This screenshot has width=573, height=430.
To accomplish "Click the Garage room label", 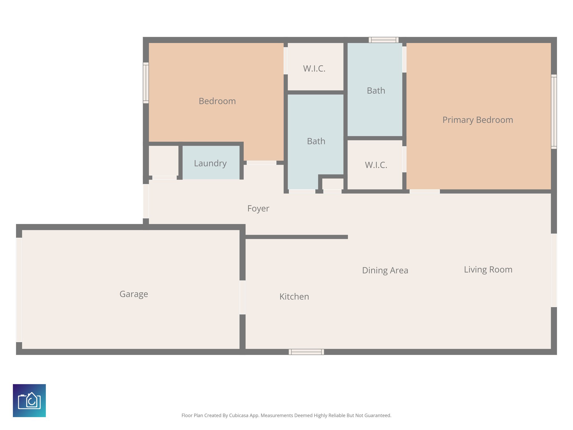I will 134,294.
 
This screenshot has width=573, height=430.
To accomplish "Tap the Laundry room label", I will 210,163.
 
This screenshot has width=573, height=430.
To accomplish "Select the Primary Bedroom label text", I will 478,120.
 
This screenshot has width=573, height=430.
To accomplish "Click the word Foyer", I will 258,209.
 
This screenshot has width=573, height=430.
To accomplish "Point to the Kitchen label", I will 294,296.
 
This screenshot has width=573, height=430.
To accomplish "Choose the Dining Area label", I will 385,270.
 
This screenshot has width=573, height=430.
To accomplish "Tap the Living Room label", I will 488,270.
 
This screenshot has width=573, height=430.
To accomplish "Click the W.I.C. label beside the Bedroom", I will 314,69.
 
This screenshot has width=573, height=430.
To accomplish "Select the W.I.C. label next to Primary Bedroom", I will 376,165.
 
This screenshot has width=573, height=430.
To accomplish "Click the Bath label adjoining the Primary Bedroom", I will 376,91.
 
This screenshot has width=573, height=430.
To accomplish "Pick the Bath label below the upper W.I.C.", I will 316,141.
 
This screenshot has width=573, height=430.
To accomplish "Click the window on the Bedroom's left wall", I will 146,83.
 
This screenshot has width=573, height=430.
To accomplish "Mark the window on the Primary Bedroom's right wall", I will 554,112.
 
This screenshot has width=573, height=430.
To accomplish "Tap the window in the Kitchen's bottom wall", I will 306,352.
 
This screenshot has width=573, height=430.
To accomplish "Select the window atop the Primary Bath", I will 383,40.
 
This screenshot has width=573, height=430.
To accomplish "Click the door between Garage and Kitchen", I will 243,297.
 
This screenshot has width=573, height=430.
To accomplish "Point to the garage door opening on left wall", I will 19,290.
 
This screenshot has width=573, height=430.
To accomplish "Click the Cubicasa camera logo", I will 29,401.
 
